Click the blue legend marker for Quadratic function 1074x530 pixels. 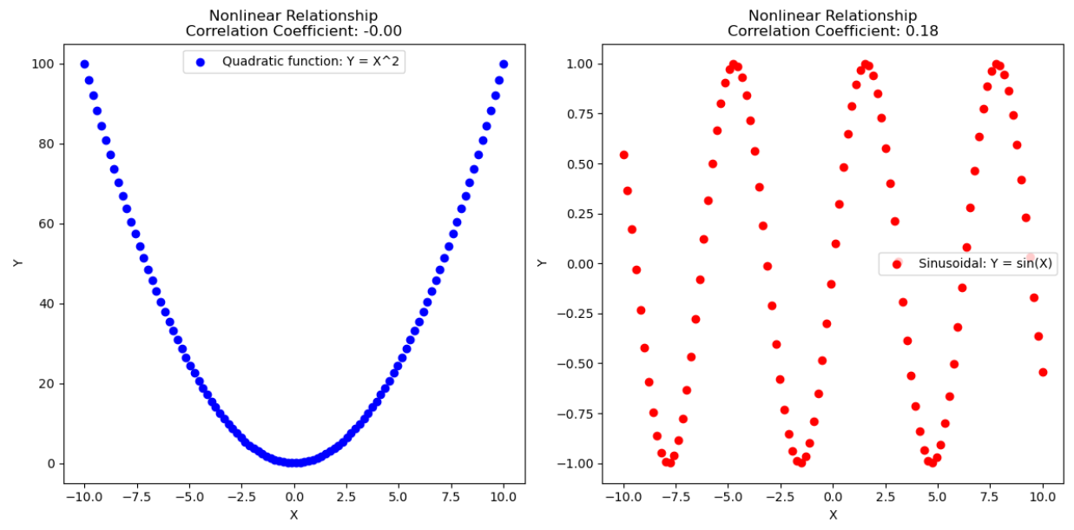click(201, 63)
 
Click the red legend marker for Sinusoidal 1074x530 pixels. click(897, 264)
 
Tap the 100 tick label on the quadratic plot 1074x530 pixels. click(43, 64)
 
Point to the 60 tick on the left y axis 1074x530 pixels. click(46, 224)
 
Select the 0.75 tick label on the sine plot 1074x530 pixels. click(580, 114)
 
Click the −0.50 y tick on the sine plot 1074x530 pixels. click(575, 363)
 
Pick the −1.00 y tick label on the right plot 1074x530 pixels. click(575, 463)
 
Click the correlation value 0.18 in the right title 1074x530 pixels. click(921, 31)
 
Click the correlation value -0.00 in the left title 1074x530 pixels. click(382, 31)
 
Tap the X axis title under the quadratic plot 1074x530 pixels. click(294, 515)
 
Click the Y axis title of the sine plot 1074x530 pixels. click(542, 263)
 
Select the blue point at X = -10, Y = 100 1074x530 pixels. click(84, 64)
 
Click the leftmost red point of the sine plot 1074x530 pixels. click(623, 155)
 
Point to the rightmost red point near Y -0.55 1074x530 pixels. click(1043, 372)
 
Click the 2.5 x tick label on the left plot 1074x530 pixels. click(346, 497)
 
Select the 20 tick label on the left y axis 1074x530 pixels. click(46, 384)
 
